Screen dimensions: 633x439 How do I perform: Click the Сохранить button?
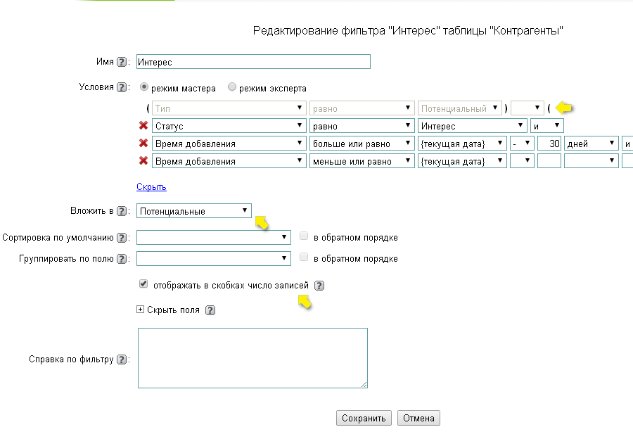364,418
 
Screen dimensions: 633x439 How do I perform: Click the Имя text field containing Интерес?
253,62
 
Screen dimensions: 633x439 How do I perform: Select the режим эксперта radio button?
231,87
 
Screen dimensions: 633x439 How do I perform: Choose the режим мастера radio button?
143,87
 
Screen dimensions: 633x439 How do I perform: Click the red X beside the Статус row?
143,126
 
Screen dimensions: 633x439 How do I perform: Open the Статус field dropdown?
229,126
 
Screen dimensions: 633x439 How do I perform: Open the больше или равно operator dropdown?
362,144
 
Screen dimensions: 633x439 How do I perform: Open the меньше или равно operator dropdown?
362,161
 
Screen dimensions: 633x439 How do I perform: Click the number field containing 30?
549,144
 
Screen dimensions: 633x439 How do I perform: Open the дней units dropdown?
591,144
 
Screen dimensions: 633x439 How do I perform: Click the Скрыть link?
151,186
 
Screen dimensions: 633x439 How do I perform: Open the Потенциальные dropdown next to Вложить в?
194,211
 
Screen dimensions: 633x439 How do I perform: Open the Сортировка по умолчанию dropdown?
214,238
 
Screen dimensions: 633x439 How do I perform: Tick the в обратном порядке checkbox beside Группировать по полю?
304,257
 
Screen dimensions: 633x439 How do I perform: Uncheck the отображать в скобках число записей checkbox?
143,284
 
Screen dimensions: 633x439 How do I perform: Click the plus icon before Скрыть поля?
140,310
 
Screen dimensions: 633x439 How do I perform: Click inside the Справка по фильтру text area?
252,358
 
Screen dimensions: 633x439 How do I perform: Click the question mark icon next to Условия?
122,87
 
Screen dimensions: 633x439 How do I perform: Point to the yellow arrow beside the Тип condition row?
564,108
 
